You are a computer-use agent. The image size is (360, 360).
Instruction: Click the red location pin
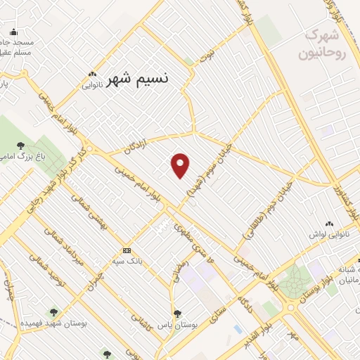(181, 165)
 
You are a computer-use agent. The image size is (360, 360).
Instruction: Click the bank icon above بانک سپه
(127, 250)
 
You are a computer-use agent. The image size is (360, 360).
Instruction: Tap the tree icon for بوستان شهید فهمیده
(53, 311)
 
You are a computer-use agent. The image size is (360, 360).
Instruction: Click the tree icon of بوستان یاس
(177, 314)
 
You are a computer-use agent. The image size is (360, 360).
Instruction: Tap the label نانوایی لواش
(328, 233)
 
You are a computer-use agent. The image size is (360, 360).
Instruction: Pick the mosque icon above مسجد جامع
(13, 32)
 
